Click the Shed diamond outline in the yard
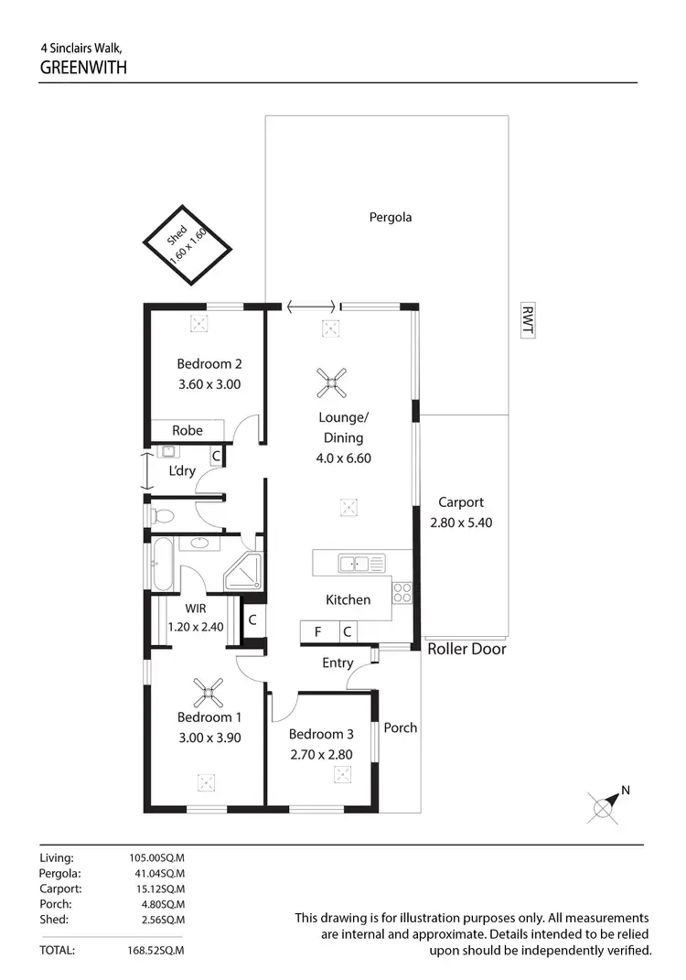188,244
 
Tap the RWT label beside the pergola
526,319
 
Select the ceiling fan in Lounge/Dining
331,383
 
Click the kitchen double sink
361,564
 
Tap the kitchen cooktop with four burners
402,593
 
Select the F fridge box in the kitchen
317,631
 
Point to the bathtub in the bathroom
164,565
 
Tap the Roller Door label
466,650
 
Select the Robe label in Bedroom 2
187,430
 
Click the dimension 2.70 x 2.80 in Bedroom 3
320,755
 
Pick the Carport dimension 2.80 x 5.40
460,523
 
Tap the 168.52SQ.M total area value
156,951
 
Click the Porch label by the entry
400,727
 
